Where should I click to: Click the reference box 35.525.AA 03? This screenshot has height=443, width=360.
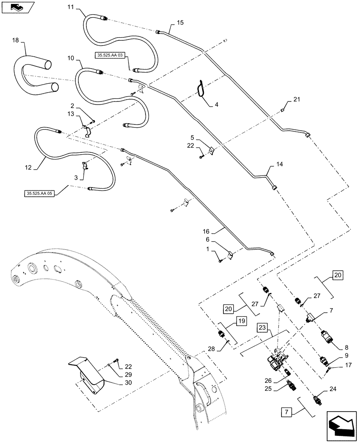[110, 54]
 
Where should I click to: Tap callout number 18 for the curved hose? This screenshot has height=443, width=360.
[15, 40]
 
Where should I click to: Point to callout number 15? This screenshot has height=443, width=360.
[180, 22]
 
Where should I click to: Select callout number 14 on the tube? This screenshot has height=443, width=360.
[279, 164]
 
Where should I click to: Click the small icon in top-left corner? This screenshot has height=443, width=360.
[16, 7]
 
